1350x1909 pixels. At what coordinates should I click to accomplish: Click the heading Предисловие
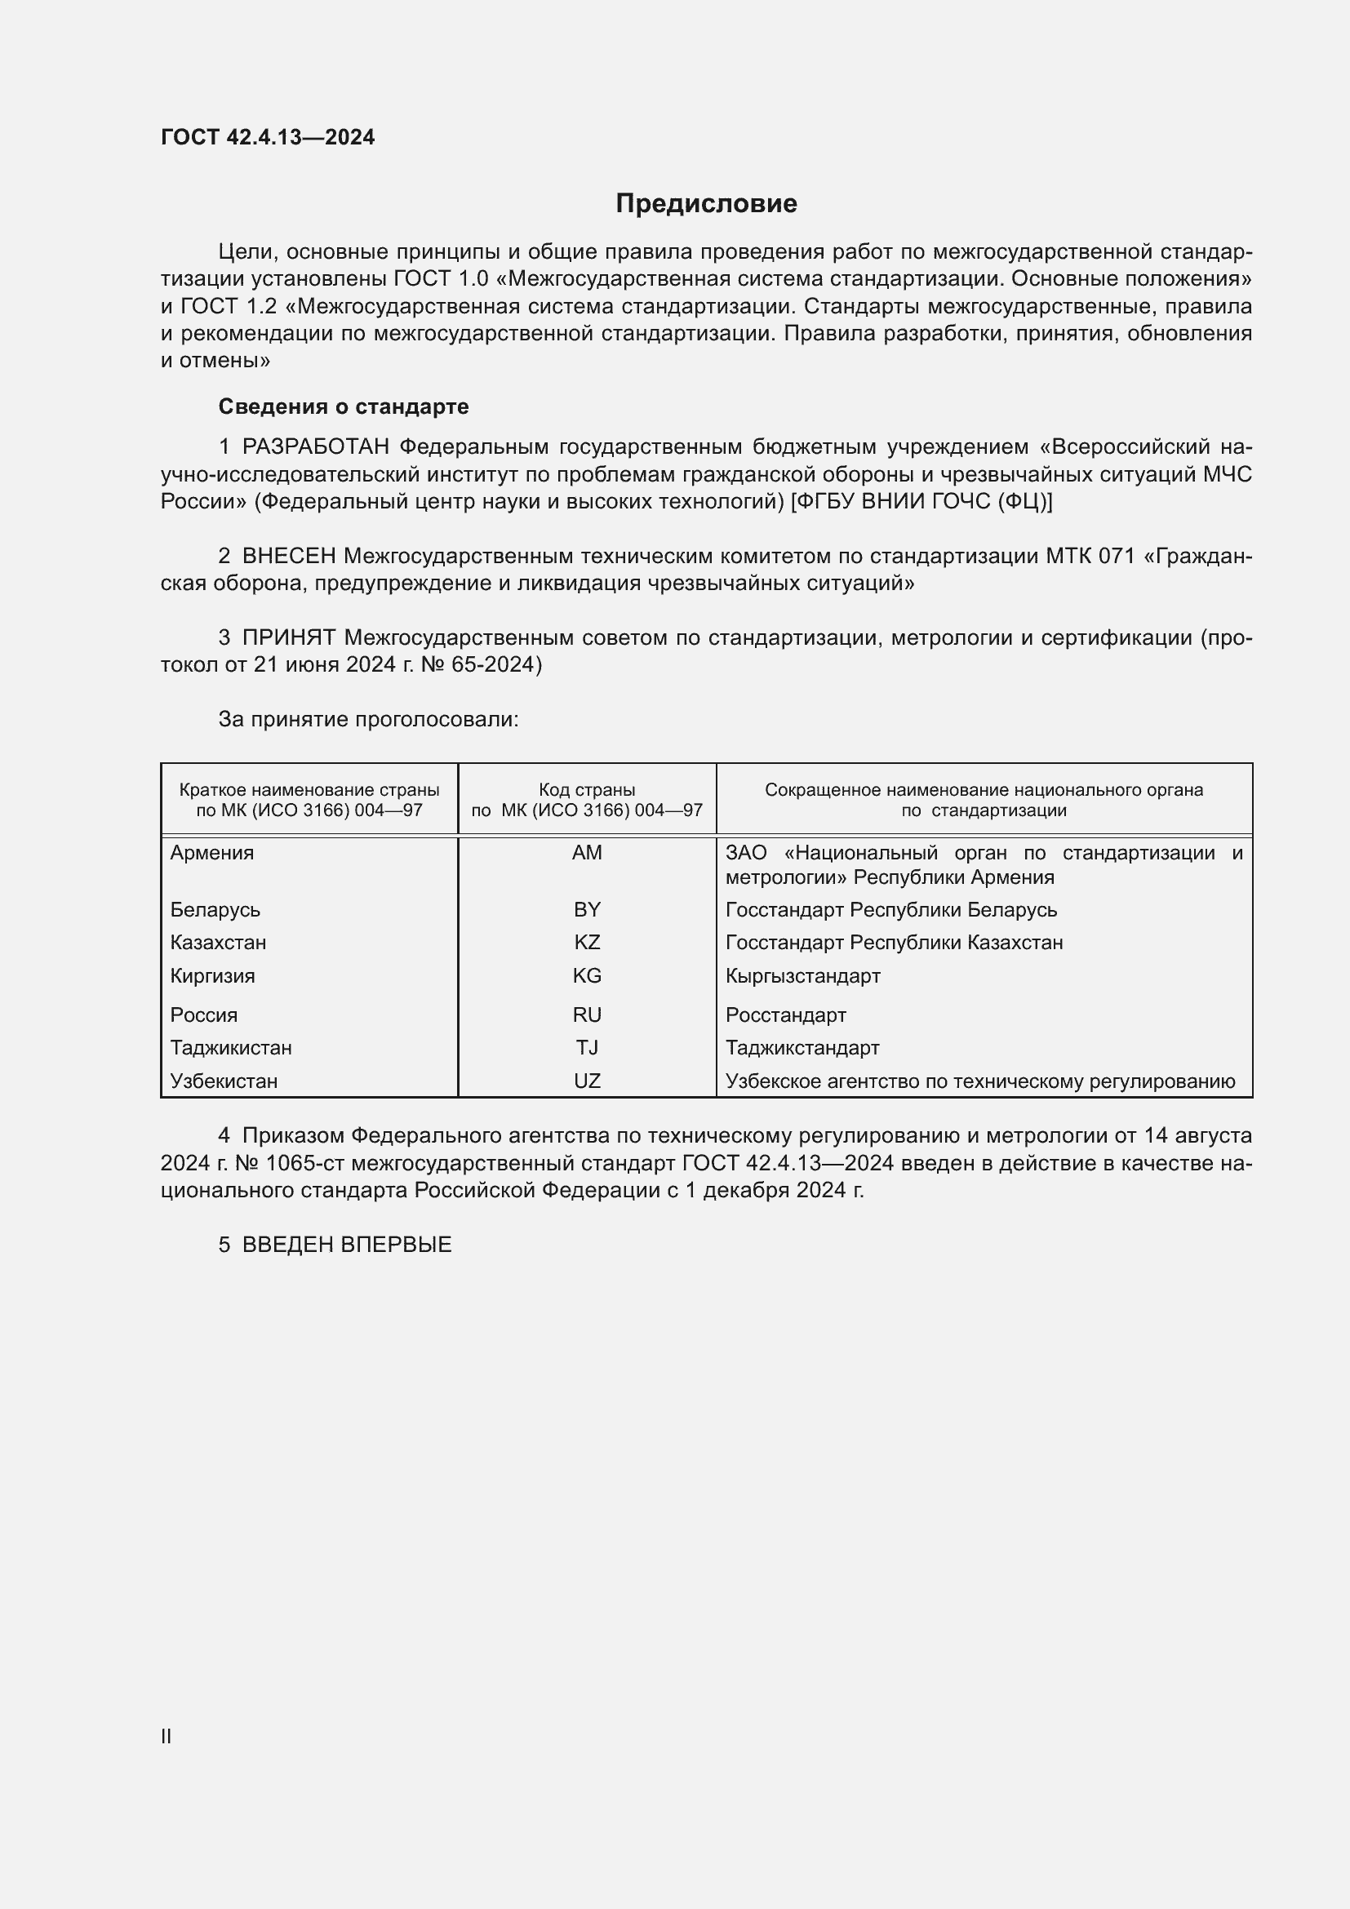coord(706,204)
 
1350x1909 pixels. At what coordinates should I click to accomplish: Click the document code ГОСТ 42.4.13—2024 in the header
coord(268,137)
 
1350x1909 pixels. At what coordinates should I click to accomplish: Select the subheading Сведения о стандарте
coord(344,406)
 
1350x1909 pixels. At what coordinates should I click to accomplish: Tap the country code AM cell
coord(587,853)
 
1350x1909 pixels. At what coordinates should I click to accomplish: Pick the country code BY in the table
coord(587,909)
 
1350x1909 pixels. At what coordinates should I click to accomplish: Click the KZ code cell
coord(587,943)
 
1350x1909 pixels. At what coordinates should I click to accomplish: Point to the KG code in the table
coord(587,976)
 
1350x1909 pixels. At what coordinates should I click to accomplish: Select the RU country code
coord(587,1015)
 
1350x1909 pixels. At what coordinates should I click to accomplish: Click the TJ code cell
coord(587,1048)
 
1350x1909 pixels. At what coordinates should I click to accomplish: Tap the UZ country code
coord(587,1081)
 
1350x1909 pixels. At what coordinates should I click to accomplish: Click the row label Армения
coord(212,853)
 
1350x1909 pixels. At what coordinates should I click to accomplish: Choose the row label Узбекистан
coord(224,1081)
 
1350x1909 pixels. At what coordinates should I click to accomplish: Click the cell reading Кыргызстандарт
coord(802,976)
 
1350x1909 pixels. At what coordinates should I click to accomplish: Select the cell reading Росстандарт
coord(785,1015)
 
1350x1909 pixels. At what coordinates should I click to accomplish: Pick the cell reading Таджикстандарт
coord(802,1048)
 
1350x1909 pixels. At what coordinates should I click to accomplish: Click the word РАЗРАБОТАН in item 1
coord(316,447)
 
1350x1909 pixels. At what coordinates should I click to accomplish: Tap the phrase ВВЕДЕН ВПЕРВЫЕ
coord(347,1245)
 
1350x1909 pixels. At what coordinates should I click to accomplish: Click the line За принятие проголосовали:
coord(368,719)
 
